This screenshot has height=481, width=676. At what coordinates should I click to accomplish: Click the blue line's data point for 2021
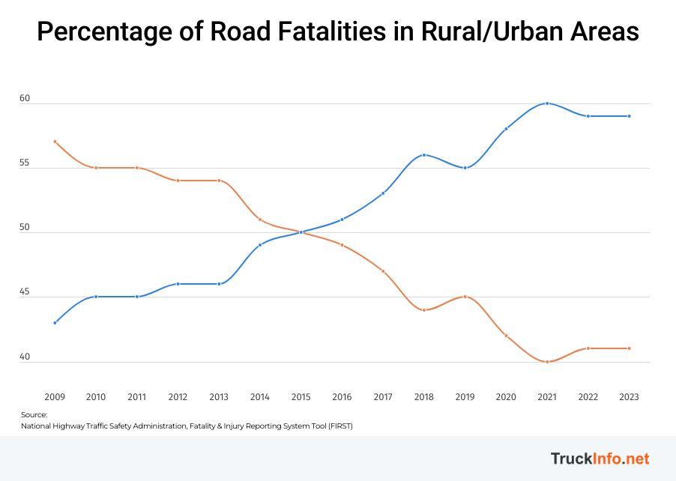(547, 103)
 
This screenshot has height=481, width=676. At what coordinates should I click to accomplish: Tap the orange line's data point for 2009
(55, 142)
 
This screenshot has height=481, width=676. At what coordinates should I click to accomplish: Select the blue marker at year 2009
(55, 323)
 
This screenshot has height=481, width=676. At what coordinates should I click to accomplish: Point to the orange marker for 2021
(547, 362)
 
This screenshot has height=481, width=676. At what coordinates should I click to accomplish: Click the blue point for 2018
(424, 155)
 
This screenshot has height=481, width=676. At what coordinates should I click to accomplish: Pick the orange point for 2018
(424, 310)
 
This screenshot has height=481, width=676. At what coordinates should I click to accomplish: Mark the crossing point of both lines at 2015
(301, 232)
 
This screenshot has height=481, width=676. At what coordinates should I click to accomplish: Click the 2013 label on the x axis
(219, 397)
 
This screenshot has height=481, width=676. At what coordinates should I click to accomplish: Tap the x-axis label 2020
(506, 397)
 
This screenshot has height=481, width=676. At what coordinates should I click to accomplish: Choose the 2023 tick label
(629, 397)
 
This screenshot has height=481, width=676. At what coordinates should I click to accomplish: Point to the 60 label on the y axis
(25, 99)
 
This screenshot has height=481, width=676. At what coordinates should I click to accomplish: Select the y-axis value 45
(25, 292)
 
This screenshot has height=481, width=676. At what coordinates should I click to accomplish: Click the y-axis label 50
(25, 228)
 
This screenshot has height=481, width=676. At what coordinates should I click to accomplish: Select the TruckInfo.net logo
(600, 459)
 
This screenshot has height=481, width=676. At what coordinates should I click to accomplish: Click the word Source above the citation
(34, 415)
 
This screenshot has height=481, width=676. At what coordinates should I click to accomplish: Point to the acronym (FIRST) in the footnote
(337, 426)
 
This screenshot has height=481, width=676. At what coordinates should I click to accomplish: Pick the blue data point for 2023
(629, 116)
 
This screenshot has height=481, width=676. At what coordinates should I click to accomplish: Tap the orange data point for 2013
(219, 181)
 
